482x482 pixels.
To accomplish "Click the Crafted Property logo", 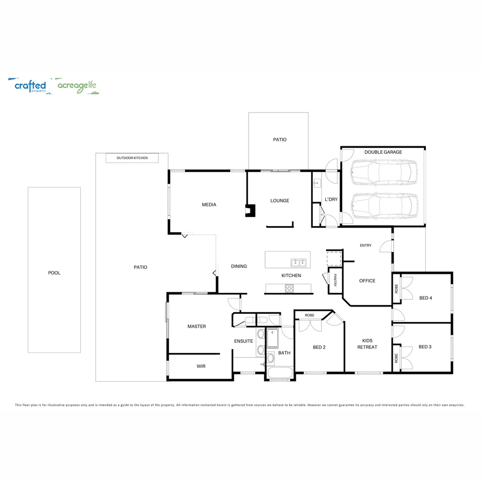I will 30,86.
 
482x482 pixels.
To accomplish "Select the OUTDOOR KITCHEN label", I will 132,158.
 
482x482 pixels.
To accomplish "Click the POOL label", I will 54,273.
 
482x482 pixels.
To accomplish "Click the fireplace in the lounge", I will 250,210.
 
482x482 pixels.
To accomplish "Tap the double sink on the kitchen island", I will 298,262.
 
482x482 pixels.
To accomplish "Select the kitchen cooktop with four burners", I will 289,288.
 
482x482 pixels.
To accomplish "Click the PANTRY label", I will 335,281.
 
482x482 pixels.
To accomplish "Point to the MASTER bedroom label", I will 196,326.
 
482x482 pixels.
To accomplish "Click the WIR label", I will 201,366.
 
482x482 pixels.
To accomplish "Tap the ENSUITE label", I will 244,341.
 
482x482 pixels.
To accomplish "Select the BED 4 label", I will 425,298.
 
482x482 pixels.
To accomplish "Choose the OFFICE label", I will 367,281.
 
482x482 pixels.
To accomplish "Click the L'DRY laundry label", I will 331,199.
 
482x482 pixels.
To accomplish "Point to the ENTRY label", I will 366,245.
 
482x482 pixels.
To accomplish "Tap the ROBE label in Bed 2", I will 309,315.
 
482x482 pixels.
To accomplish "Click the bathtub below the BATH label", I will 280,373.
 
